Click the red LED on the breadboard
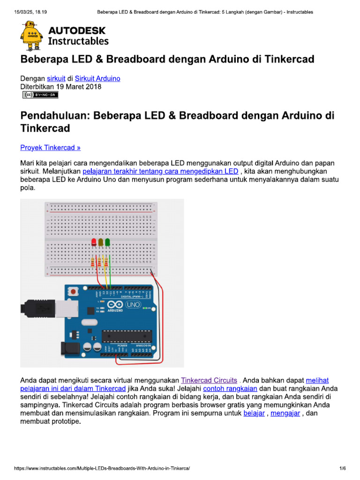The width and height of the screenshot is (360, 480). tap(94, 242)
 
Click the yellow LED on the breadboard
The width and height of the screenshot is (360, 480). tap(100, 242)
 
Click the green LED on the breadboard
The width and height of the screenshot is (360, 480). tap(107, 242)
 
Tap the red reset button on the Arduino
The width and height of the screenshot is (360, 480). tap(74, 292)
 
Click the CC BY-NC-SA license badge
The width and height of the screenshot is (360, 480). tap(40, 95)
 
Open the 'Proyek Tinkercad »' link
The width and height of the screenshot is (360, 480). tap(50, 148)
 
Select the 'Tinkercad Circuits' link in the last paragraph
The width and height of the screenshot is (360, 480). tap(209, 380)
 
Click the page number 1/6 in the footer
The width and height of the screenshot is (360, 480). tap(342, 468)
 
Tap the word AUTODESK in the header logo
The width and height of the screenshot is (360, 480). tap(77, 31)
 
